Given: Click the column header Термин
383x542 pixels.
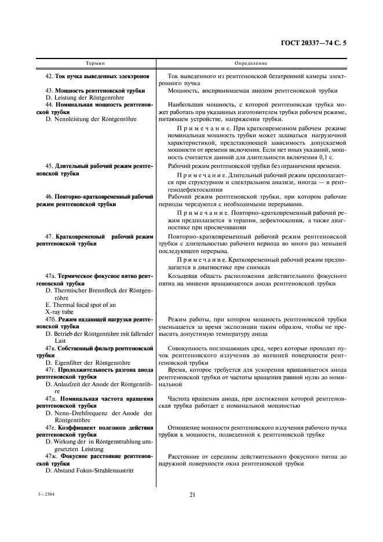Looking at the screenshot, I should (95, 62).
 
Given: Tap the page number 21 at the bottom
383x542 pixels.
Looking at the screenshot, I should (191, 495).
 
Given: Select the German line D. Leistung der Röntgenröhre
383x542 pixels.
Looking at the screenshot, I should (85, 98).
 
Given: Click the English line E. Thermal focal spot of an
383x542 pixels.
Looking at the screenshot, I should (81, 304).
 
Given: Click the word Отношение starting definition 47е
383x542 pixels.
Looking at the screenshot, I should (183, 427).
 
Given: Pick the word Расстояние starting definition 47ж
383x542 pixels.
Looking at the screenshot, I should (184, 456).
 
